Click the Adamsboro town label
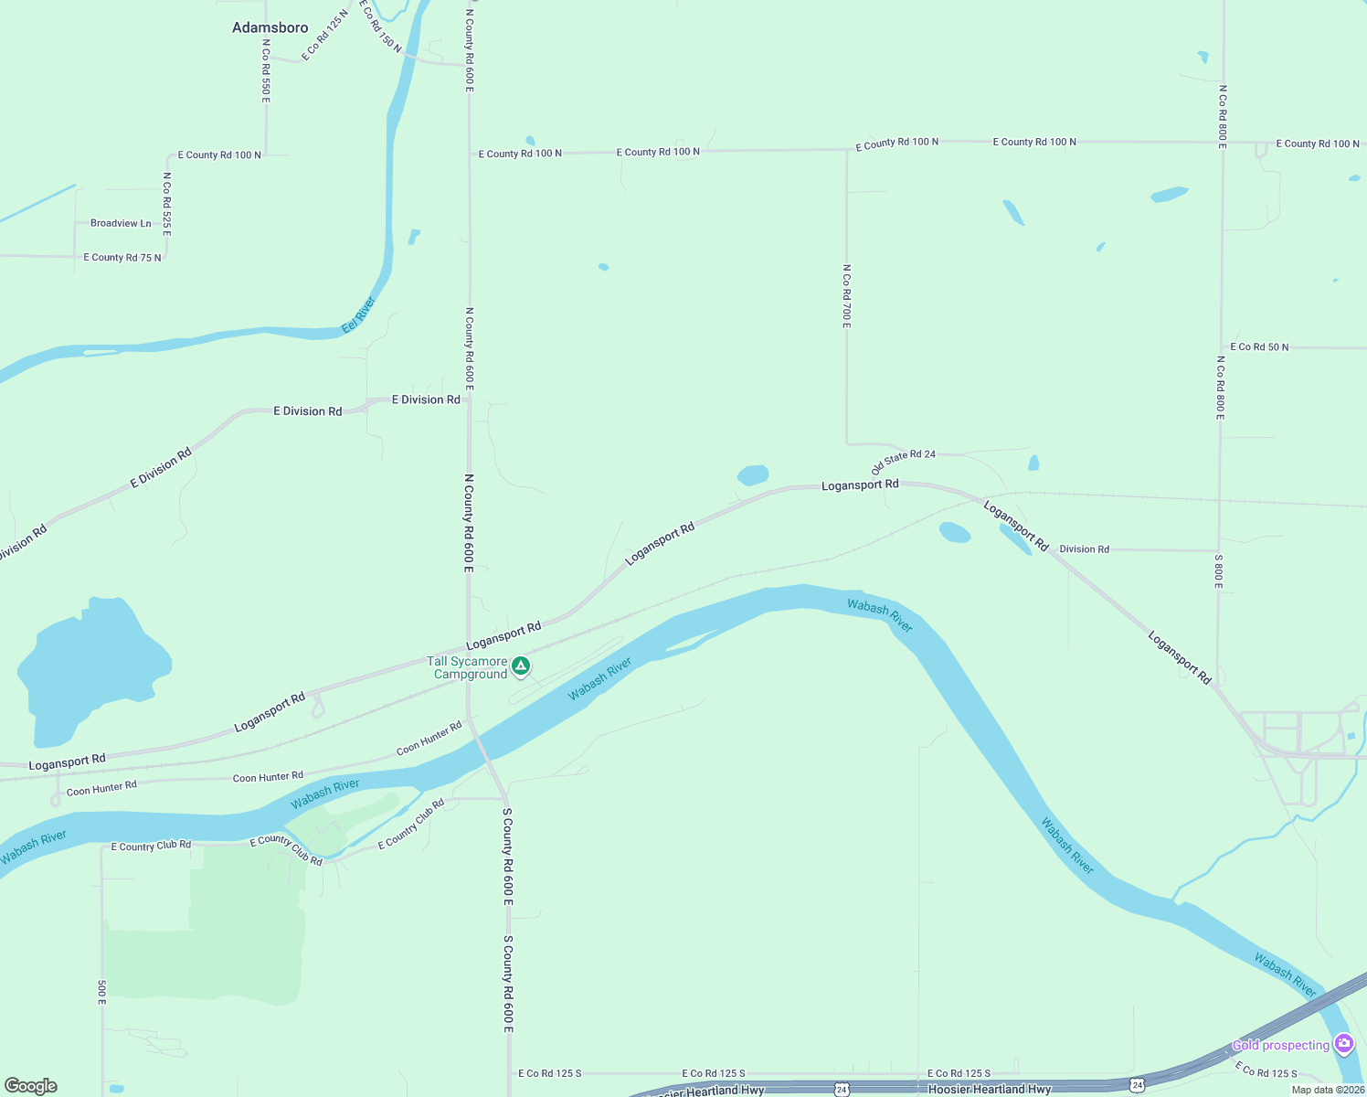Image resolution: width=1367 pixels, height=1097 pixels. pos(270,27)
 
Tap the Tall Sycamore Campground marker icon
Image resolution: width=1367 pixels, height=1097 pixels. pos(521,666)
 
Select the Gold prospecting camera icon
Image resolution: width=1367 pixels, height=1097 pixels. pos(1343,1043)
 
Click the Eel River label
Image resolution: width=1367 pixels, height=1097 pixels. pos(358,315)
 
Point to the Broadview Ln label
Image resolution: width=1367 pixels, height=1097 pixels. pos(121,223)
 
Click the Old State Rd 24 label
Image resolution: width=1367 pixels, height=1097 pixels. pos(904,461)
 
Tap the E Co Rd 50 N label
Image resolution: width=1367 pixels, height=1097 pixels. pos(1259,347)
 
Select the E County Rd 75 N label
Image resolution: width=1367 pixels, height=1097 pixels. pos(122,258)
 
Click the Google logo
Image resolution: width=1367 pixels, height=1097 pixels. pos(31,1086)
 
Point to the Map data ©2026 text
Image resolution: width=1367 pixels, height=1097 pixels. pos(1328,1090)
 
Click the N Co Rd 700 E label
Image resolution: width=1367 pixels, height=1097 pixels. pos(847,296)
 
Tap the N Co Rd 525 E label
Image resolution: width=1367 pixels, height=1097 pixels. pos(167,203)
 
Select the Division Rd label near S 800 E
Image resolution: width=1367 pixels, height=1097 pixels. pos(1084,549)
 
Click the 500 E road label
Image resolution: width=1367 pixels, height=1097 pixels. pos(101,993)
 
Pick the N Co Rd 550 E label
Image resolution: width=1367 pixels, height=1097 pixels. pos(266,69)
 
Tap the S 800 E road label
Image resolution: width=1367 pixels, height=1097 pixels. pos(1218,571)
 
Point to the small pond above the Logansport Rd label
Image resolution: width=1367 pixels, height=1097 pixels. pos(752,474)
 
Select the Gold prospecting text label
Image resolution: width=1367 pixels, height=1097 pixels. pos(1280,1045)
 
